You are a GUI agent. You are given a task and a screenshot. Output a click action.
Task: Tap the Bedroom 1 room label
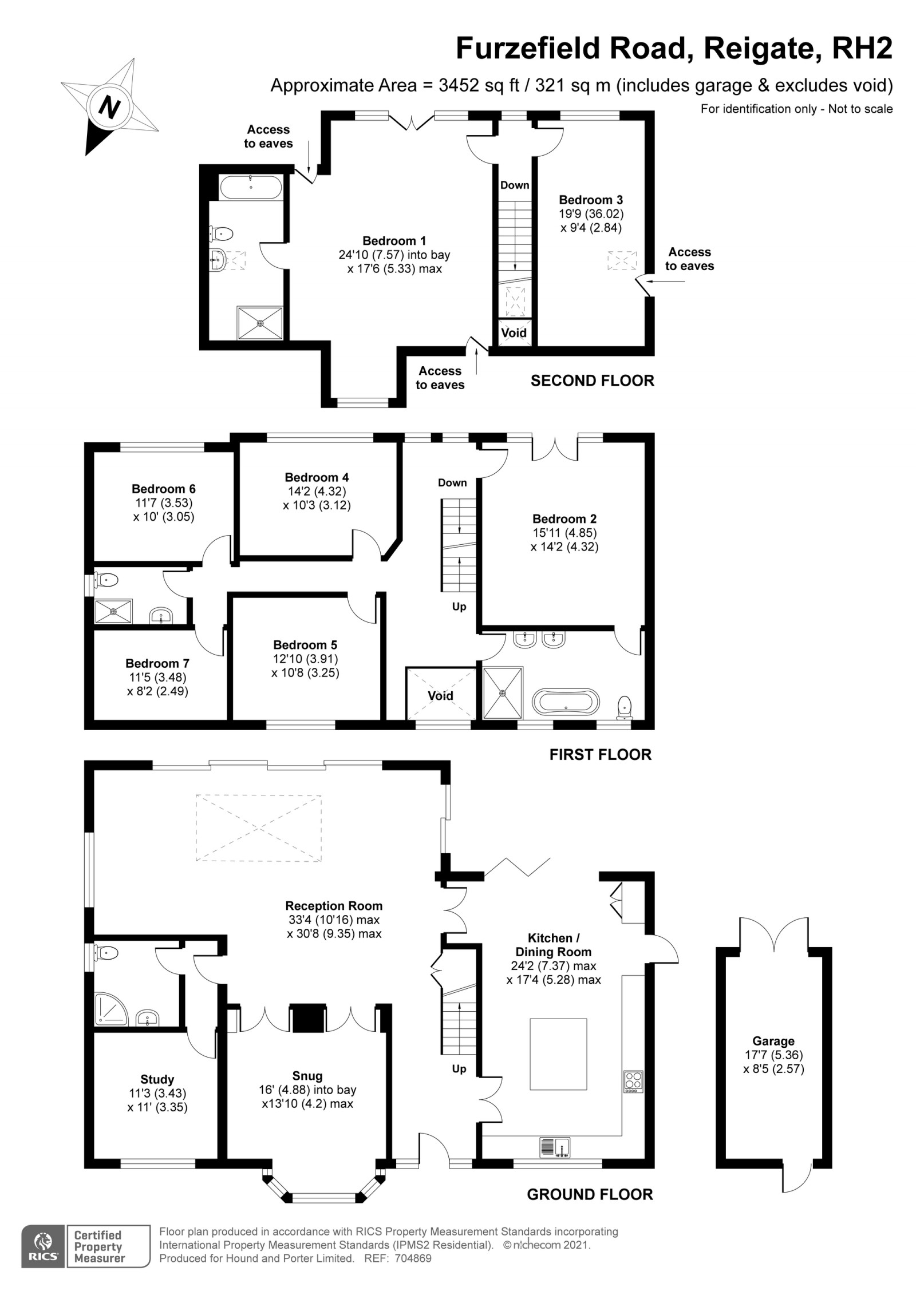[394, 241]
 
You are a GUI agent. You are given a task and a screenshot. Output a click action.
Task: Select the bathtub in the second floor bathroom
[251, 187]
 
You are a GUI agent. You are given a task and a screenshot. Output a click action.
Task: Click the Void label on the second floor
[514, 333]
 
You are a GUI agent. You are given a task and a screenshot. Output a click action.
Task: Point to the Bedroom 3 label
[591, 200]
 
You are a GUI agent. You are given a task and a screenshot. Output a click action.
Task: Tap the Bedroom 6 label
[163, 489]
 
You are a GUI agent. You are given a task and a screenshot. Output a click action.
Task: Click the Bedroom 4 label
[317, 477]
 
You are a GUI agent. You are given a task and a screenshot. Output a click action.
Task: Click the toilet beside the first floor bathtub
[625, 707]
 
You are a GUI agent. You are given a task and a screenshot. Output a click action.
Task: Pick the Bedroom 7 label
[157, 663]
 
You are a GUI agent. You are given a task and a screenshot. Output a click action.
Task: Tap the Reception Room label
[334, 906]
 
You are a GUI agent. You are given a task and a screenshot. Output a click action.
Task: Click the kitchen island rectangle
[558, 1054]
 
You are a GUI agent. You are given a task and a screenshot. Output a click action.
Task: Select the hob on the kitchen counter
[633, 1081]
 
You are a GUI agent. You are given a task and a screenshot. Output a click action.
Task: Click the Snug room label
[307, 1076]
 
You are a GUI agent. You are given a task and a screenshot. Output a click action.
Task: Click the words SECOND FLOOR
[592, 381]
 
